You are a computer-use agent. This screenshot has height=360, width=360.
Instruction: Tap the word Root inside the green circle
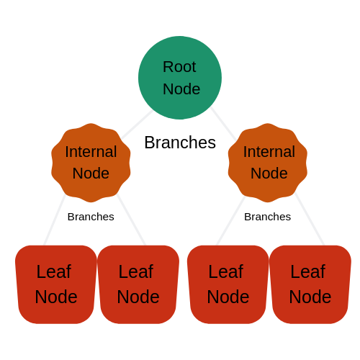179,67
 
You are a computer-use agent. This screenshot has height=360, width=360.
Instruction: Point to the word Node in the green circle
181,89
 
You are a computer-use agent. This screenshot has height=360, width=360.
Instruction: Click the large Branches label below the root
180,143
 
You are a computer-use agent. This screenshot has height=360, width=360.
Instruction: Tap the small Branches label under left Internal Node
91,217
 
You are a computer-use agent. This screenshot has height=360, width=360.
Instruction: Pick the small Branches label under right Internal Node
267,217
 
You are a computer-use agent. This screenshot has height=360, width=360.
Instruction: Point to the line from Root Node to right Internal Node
222,123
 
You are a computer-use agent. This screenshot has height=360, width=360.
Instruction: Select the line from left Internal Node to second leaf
131,220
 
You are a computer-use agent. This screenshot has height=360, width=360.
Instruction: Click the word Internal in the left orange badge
91,152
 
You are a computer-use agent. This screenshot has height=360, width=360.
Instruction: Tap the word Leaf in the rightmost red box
307,272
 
